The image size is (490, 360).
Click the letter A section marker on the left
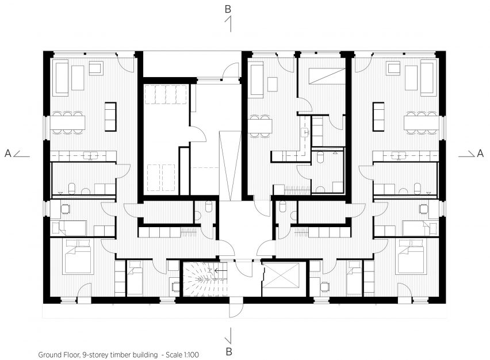8,153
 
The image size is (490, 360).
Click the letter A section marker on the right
480,153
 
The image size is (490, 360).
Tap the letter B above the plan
228,9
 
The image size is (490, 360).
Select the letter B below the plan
229,351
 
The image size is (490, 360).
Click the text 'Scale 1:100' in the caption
182,355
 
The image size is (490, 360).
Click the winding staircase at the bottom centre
205,279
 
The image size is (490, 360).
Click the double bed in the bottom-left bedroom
78,257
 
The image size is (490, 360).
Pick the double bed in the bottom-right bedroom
411,257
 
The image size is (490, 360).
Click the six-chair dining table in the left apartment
69,123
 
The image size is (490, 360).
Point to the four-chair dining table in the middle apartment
260,126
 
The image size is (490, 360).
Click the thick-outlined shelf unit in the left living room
110,117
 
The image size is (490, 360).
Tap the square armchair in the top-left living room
96,68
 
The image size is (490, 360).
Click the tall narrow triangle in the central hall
230,166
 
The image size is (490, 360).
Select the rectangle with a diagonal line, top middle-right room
327,76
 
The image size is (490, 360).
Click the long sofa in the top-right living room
428,78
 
